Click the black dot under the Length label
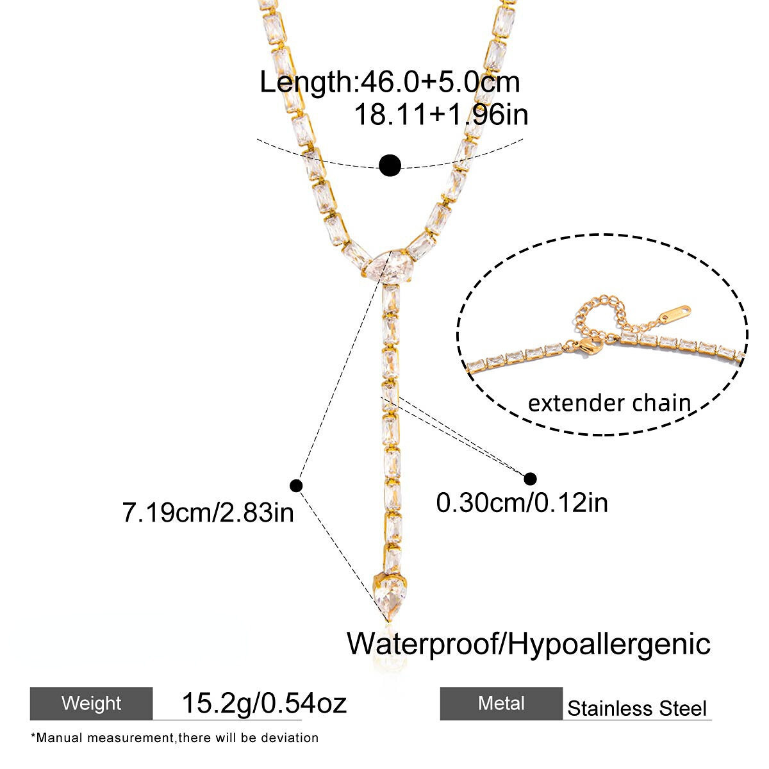[390, 165]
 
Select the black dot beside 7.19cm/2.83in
[296, 486]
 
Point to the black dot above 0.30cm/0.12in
[530, 479]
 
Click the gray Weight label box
[92, 703]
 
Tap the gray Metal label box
[501, 703]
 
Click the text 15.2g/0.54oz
[264, 703]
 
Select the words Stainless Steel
[637, 709]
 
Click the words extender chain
[609, 403]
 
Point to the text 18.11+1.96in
[441, 115]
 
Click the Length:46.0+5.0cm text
[390, 83]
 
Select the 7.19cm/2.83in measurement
[208, 513]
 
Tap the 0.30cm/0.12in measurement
[522, 502]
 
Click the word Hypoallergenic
[609, 643]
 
